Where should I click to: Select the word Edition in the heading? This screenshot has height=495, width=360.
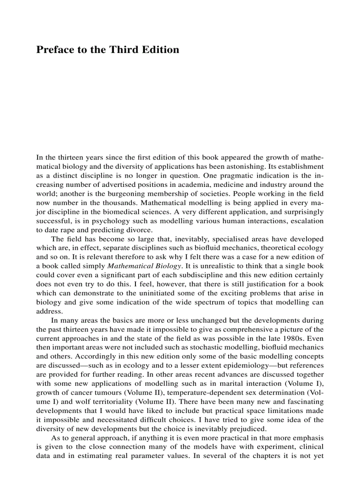click(161, 49)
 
